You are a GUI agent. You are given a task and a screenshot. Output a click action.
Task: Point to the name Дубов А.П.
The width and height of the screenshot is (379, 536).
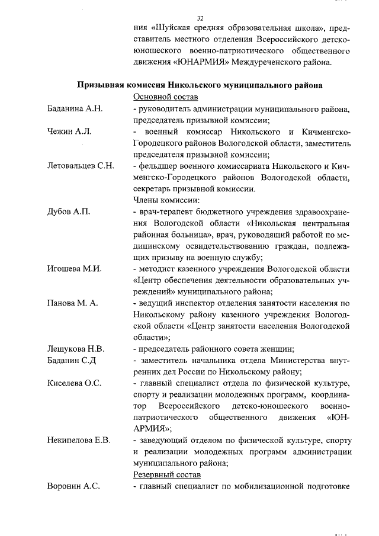tap(69, 211)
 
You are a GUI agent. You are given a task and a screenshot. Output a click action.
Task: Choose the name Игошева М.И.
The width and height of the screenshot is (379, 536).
tap(75, 268)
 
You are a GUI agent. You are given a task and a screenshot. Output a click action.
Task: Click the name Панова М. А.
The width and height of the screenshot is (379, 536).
tap(73, 303)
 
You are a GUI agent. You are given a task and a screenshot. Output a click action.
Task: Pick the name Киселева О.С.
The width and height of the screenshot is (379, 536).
tap(75, 383)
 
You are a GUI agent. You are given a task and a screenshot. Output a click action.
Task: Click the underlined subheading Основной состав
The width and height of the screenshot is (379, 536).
tap(166, 97)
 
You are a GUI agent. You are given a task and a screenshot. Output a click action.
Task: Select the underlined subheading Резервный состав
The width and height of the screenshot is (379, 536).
tap(168, 475)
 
